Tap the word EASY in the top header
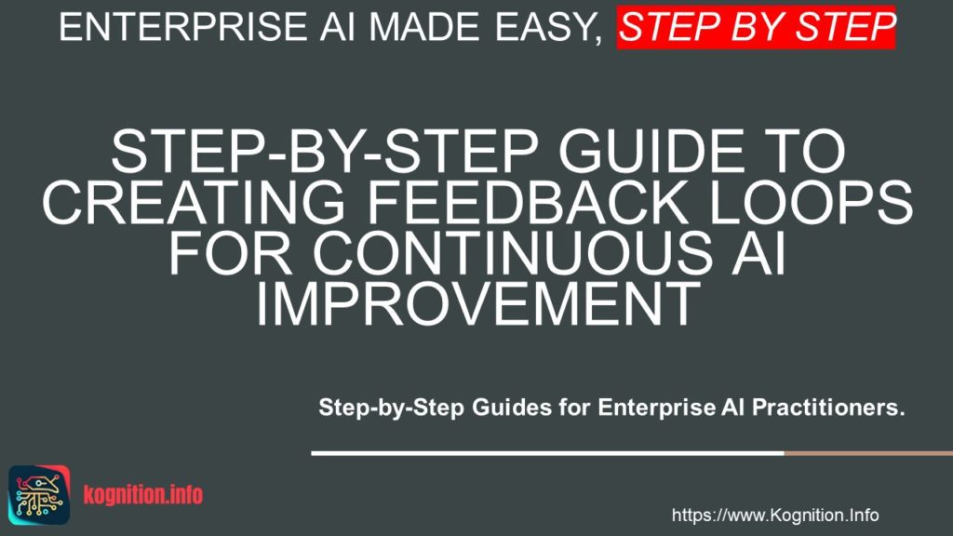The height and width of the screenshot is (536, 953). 545,28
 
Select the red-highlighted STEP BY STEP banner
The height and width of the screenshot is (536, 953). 757,28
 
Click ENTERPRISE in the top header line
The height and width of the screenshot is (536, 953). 178,28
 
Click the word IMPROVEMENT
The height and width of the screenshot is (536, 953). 476,304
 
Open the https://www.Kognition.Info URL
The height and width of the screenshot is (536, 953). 774,515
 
